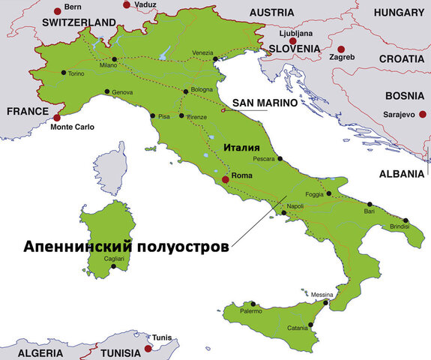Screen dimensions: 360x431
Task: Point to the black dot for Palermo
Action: (x=253, y=304)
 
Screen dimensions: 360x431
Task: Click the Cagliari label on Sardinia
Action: (x=114, y=257)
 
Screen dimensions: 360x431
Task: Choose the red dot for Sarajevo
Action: (x=423, y=114)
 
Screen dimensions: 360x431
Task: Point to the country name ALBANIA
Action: (x=401, y=173)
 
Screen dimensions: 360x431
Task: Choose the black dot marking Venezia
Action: (x=215, y=59)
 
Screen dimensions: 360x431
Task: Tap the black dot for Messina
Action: (x=325, y=304)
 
